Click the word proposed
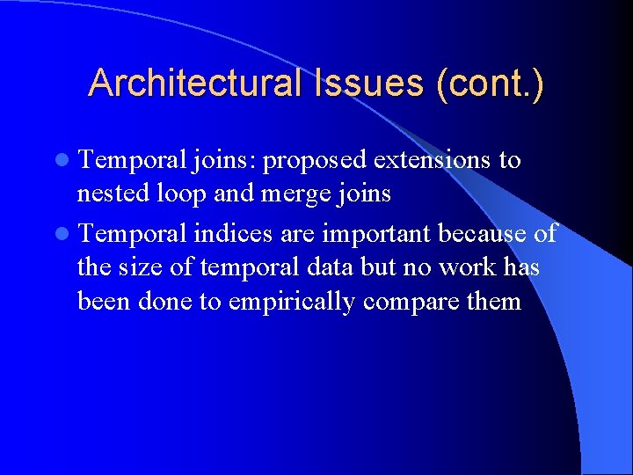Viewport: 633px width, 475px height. point(315,161)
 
